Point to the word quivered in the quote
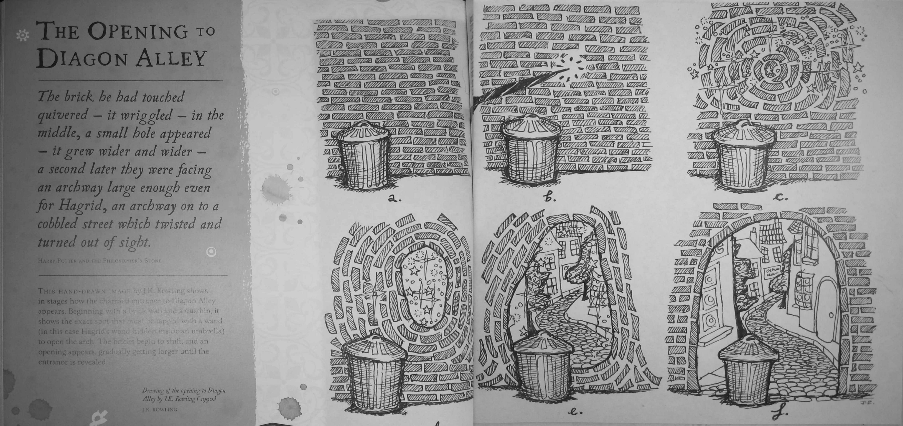[x=63, y=115]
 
